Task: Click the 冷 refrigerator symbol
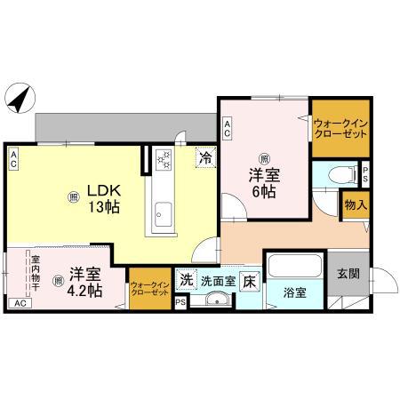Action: click(x=205, y=159)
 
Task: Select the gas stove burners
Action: click(x=164, y=159)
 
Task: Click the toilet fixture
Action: click(x=336, y=175)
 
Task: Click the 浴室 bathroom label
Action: click(x=295, y=291)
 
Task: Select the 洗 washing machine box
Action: click(x=187, y=278)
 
